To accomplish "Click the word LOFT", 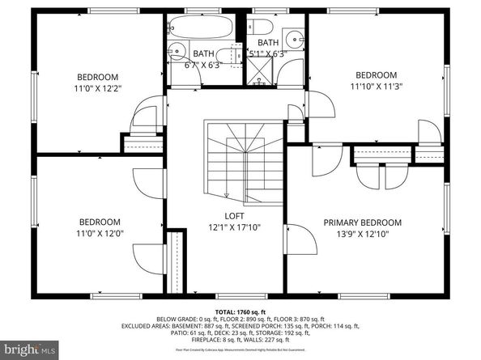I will pos(235,216).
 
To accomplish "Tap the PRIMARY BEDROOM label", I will pos(362,222).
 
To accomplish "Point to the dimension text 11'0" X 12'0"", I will pos(99,235).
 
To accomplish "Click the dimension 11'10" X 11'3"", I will pos(377,85).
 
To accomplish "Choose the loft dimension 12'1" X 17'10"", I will pos(235,228).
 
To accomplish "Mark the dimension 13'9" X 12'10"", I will pos(362,235).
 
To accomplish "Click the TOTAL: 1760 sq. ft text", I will pos(240,311).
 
